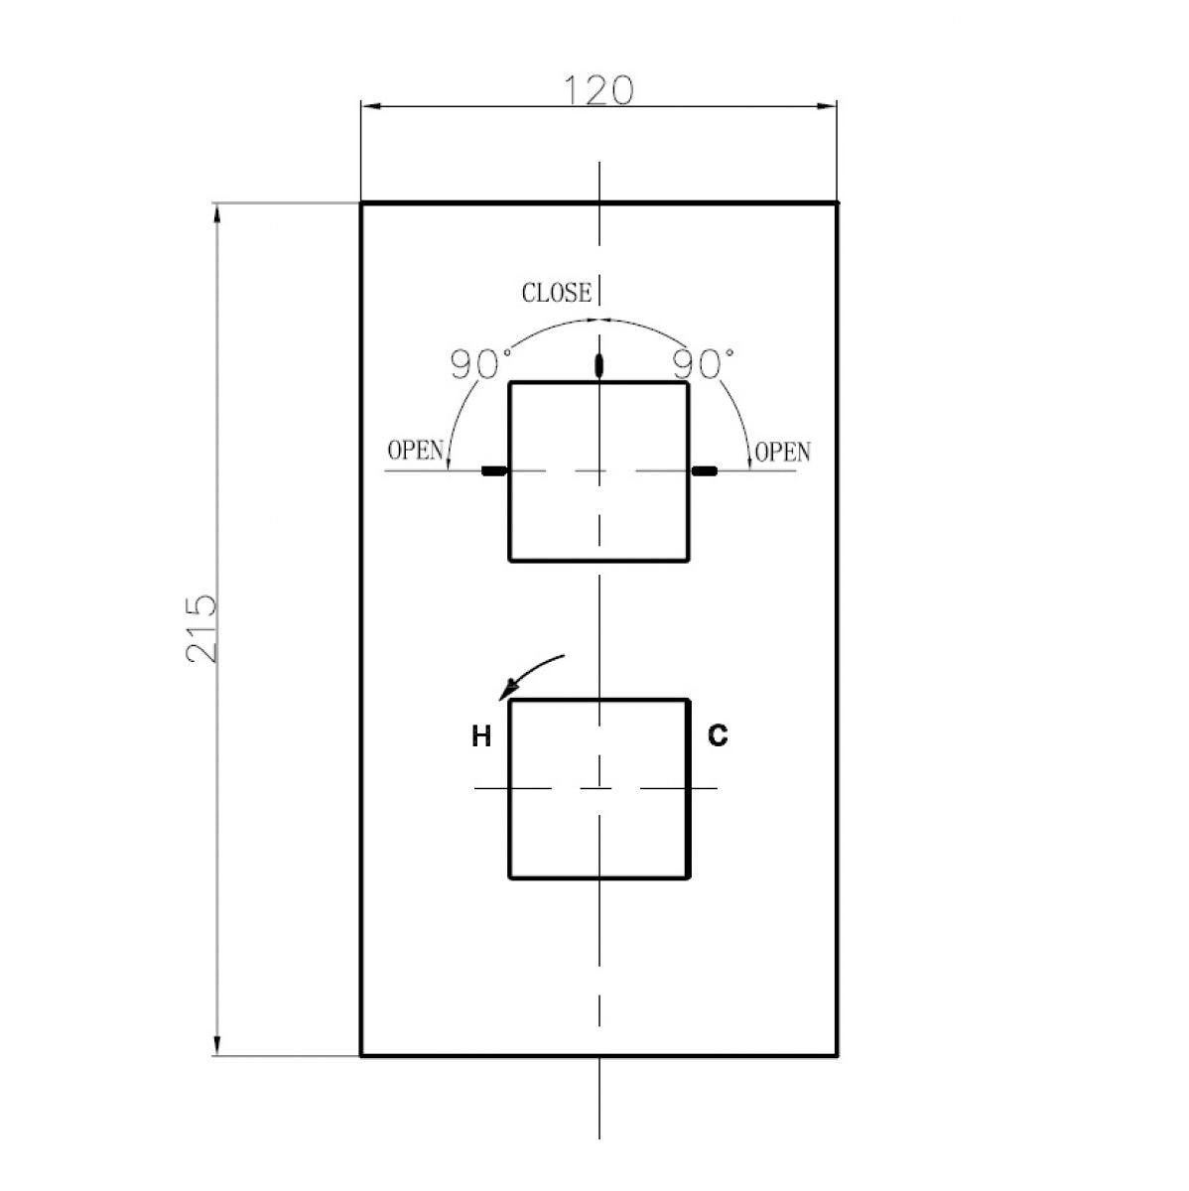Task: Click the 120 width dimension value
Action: pyautogui.click(x=598, y=90)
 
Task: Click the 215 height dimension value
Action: pyautogui.click(x=201, y=628)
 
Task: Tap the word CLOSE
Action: pyautogui.click(x=557, y=293)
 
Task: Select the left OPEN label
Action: pyautogui.click(x=415, y=451)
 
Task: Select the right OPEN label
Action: pyautogui.click(x=782, y=453)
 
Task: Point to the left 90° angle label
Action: pyautogui.click(x=480, y=364)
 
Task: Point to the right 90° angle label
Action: pyautogui.click(x=703, y=364)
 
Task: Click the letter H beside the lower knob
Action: pyautogui.click(x=481, y=736)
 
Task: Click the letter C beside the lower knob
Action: pyautogui.click(x=718, y=734)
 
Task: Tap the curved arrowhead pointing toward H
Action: pyautogui.click(x=508, y=689)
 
